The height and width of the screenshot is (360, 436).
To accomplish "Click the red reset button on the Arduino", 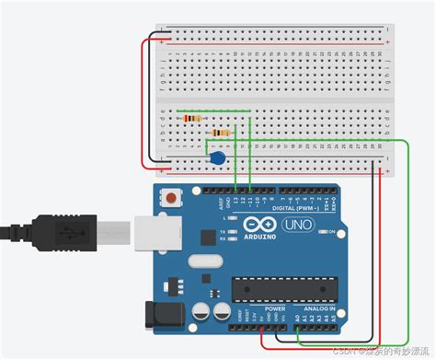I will (169, 198).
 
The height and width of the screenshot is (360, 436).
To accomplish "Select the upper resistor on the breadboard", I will (194, 118).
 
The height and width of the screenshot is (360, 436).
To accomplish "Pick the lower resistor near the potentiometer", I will (220, 134).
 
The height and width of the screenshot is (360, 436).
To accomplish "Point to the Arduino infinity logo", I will (260, 224).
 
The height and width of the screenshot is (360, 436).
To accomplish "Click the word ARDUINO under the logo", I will (260, 237).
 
